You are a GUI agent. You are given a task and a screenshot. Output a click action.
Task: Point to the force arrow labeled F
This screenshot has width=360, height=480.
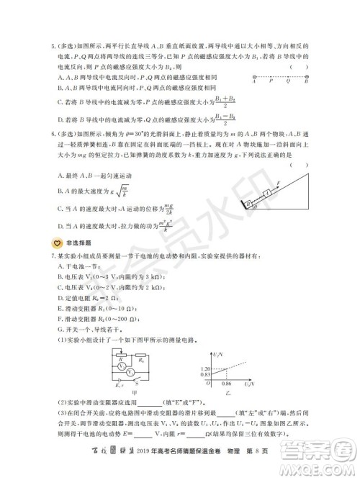tap(278, 186)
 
